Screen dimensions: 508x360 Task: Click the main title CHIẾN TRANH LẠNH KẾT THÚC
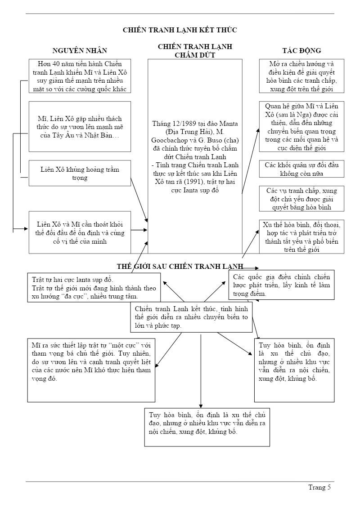[180, 30]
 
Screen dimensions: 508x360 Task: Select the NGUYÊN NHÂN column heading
[80, 50]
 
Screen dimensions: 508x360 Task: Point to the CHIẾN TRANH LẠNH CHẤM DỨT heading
[195, 51]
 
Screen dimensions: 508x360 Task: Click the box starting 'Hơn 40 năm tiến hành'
[80, 76]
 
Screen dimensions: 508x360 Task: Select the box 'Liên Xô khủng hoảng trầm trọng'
[80, 173]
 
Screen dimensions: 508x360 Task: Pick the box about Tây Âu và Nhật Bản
[80, 126]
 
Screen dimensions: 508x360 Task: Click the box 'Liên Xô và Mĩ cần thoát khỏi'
[80, 232]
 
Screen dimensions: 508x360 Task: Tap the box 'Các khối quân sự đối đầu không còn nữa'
[301, 169]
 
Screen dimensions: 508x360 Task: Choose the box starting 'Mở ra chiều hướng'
[301, 76]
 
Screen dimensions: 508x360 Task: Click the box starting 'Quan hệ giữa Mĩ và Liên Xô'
[301, 127]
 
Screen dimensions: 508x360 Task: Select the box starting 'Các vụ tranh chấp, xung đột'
[301, 199]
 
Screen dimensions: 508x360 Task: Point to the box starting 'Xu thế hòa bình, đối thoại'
[301, 236]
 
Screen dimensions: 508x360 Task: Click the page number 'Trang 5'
[319, 487]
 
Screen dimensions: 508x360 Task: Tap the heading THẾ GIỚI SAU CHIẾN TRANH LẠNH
[180, 267]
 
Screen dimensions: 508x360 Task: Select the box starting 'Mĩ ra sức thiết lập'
[91, 370]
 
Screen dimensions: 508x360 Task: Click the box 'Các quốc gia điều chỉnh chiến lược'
[281, 285]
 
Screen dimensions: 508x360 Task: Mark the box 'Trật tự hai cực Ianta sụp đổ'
[94, 288]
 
